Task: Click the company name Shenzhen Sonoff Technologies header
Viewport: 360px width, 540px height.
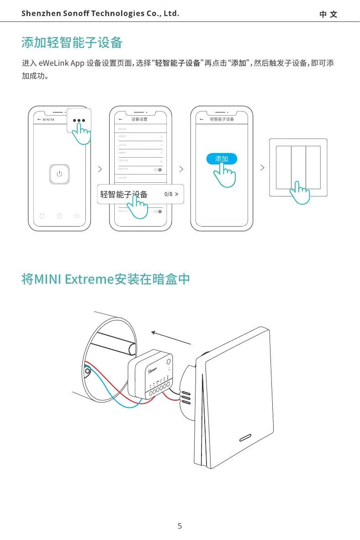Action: point(100,13)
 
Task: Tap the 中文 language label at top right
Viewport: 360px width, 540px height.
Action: point(328,14)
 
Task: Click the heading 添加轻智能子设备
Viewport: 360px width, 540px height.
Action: point(72,43)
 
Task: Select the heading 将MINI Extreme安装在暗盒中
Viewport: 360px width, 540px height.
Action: point(106,279)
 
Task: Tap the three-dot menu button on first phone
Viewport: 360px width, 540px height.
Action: point(79,121)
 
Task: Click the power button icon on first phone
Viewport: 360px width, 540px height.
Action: point(59,174)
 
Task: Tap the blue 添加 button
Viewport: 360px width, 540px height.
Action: point(222,159)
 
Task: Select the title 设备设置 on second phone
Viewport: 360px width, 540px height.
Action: point(139,119)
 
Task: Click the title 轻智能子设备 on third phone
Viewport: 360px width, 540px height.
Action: point(222,119)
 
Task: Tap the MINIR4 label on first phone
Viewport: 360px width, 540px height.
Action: point(48,119)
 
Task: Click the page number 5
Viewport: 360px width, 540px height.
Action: point(180,526)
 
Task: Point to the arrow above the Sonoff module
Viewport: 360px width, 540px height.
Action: point(171,339)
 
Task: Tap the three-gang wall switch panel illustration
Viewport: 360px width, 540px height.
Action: point(298,168)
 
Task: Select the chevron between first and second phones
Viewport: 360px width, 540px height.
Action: point(100,169)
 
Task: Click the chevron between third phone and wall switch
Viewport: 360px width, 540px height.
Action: point(262,168)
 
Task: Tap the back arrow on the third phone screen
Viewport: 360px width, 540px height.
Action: point(201,119)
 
